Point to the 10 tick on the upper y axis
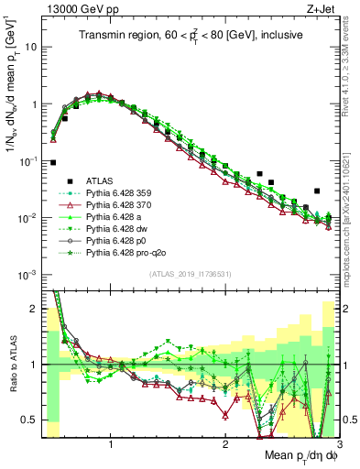click(x=30, y=46)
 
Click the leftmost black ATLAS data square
click(x=53, y=162)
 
